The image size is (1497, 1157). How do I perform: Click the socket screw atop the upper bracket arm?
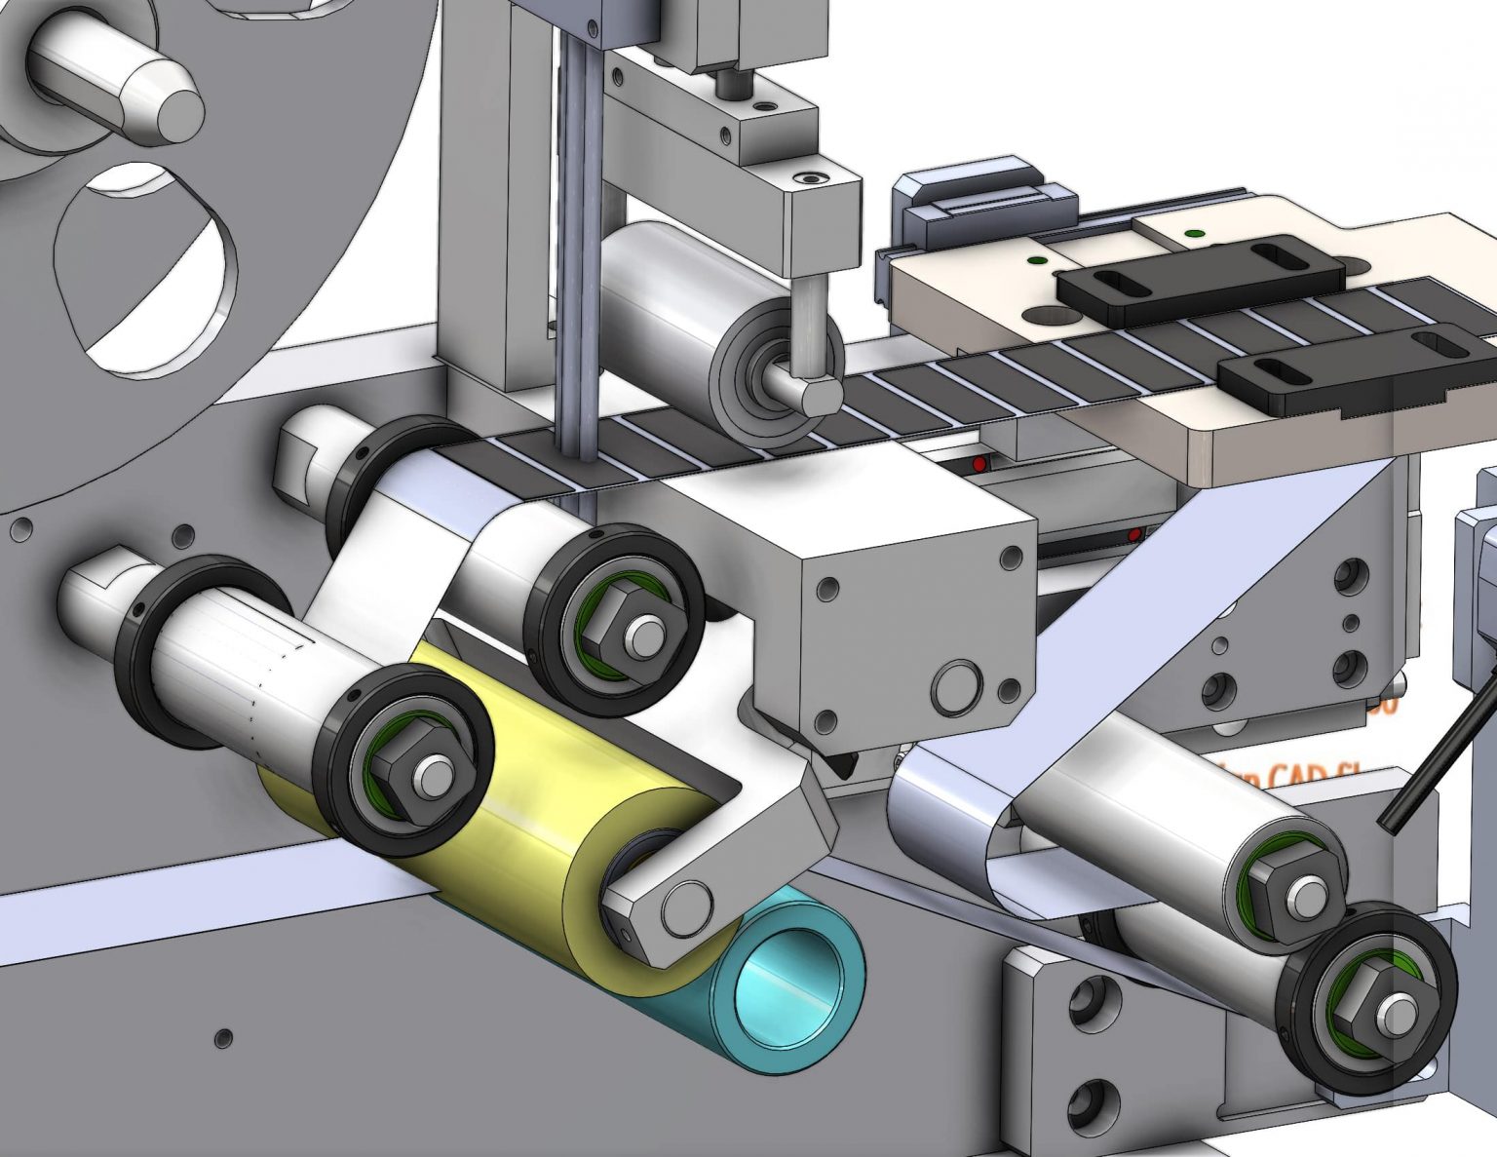click(x=810, y=178)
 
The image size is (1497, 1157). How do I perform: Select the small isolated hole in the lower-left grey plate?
click(x=224, y=1036)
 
